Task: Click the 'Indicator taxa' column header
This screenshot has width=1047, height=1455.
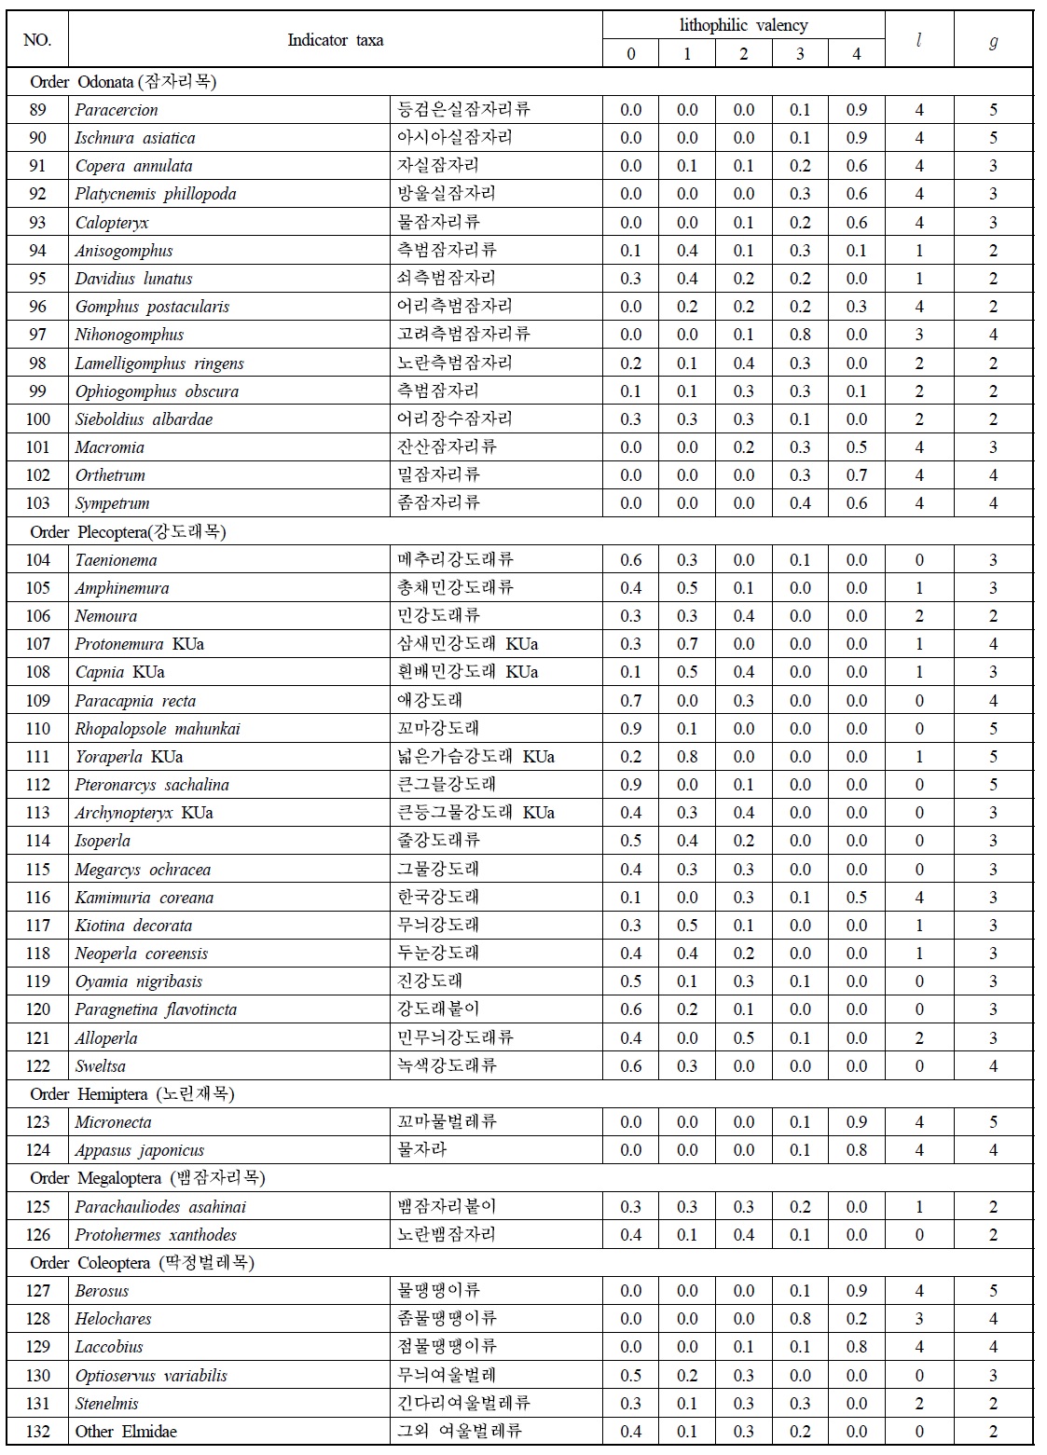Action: tap(335, 40)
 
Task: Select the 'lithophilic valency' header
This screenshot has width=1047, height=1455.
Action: tap(743, 25)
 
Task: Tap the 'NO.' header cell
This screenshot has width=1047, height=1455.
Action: tap(37, 40)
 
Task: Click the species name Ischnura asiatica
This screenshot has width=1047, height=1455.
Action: tap(135, 138)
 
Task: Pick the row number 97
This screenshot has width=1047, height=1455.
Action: tap(37, 335)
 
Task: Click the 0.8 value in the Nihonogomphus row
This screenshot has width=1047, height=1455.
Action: tap(800, 335)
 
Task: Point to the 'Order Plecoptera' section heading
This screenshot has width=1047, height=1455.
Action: tap(128, 532)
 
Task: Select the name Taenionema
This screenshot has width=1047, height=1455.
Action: tap(116, 560)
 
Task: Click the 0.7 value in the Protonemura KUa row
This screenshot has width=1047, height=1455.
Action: tap(687, 644)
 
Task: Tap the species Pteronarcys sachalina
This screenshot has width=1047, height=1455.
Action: tap(152, 785)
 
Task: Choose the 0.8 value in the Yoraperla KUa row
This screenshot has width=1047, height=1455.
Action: tap(687, 757)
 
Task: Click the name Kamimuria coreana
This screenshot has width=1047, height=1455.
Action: tap(145, 898)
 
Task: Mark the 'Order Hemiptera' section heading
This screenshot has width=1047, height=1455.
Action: tap(132, 1094)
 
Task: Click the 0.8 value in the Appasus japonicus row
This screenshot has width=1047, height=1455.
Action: tap(856, 1150)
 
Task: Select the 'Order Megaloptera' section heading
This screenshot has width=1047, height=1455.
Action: tap(147, 1178)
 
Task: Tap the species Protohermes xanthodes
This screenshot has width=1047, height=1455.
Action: tap(156, 1235)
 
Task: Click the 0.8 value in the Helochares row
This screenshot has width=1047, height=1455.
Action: tap(800, 1319)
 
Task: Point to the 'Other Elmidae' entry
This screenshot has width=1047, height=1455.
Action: tap(126, 1432)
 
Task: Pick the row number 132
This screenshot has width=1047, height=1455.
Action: tap(37, 1432)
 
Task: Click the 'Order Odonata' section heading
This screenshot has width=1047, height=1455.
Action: tap(123, 82)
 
